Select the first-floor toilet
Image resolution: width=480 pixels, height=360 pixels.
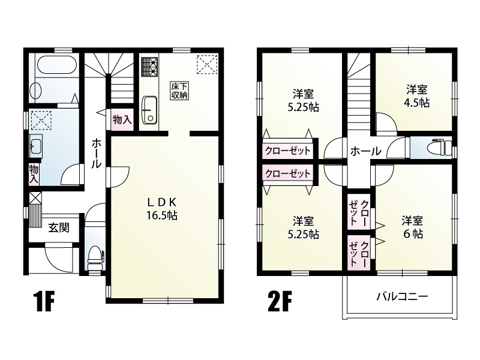95,257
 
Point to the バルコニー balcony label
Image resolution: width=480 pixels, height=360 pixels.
402,296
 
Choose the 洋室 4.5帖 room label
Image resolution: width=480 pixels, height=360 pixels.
416,96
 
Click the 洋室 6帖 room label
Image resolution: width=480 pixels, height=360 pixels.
412,227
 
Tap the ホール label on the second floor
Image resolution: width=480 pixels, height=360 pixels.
364,152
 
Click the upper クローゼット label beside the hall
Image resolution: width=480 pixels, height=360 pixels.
287,150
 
